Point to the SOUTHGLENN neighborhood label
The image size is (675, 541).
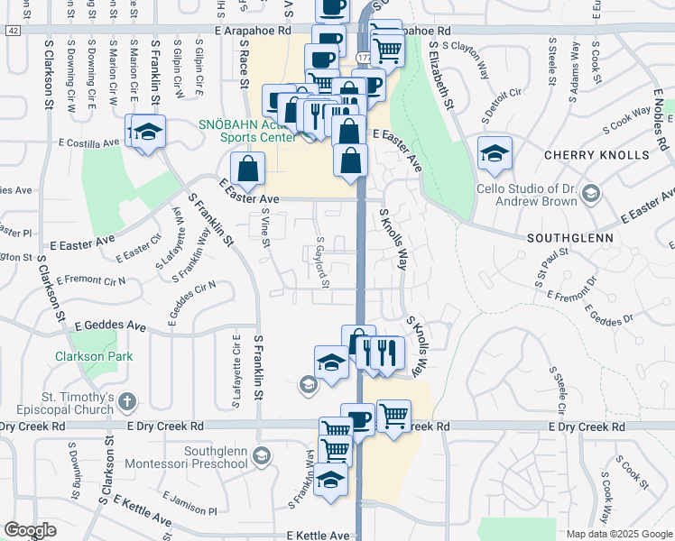570,238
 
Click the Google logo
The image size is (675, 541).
30,530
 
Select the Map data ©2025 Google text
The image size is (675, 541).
619,534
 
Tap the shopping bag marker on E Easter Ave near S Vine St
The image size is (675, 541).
247,168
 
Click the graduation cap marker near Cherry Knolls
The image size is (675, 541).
495,153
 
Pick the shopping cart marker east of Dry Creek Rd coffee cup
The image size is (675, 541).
393,417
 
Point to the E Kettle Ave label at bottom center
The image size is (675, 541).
317,535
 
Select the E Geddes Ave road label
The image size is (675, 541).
110,326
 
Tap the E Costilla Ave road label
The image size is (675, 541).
88,142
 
